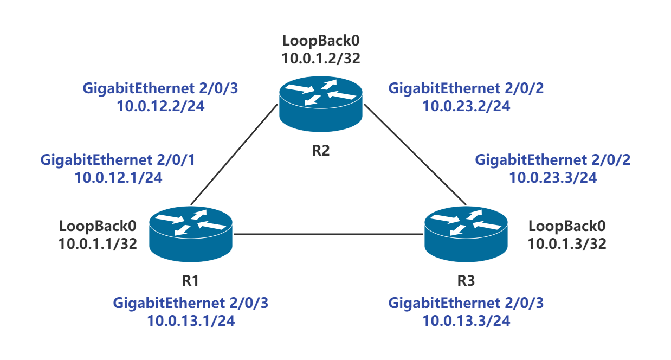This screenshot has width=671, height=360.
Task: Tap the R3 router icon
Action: tap(466, 234)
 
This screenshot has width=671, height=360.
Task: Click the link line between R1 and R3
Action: tap(328, 234)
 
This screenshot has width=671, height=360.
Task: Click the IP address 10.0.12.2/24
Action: tap(160, 106)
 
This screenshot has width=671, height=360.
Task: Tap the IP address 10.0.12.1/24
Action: tap(118, 177)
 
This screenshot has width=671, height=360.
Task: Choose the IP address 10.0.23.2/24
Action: tap(466, 106)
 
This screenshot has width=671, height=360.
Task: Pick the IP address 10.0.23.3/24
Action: tap(553, 177)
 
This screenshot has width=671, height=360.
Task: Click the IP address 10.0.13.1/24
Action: tap(191, 320)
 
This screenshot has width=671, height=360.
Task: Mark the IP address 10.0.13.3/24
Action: tap(466, 320)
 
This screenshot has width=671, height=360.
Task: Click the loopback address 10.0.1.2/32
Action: tap(321, 58)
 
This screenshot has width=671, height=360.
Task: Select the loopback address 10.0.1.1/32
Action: tap(98, 243)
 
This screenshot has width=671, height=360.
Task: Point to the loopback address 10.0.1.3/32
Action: tap(567, 243)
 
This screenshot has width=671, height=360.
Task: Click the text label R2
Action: tap(321, 150)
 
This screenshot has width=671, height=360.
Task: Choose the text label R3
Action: tap(466, 281)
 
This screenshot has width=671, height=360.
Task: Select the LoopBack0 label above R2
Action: tap(321, 41)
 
